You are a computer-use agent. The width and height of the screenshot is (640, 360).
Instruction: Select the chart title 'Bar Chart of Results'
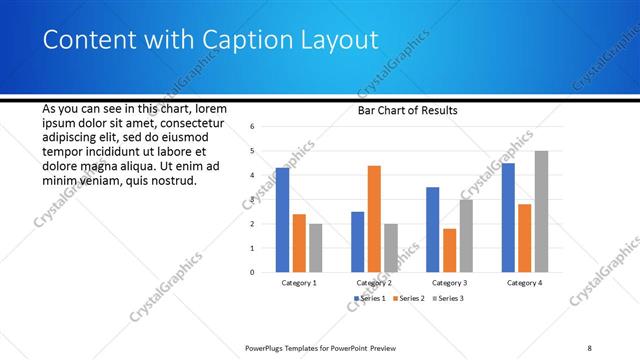[407, 110]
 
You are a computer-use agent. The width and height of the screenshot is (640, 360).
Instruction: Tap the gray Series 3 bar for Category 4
[541, 211]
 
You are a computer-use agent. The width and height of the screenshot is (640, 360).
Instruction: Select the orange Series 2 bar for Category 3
[449, 250]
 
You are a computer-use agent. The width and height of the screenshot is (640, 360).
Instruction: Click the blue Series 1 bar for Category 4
[508, 217]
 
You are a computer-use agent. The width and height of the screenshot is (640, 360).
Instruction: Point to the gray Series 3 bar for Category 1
[315, 247]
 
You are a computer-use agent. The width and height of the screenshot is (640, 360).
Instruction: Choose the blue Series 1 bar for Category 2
[358, 241]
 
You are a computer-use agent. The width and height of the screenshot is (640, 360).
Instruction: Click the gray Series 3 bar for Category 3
[466, 235]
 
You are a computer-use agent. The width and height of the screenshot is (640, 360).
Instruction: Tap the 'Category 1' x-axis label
[299, 283]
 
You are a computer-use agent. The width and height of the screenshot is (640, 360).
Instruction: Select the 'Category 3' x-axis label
[449, 283]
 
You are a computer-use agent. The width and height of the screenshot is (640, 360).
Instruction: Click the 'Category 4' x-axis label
[524, 283]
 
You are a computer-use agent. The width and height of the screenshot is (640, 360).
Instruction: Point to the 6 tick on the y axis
[253, 127]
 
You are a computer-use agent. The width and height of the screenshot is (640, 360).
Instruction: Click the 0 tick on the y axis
[253, 272]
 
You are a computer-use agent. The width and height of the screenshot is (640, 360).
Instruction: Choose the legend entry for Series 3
[449, 298]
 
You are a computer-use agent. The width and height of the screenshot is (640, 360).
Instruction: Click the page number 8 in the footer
[590, 348]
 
